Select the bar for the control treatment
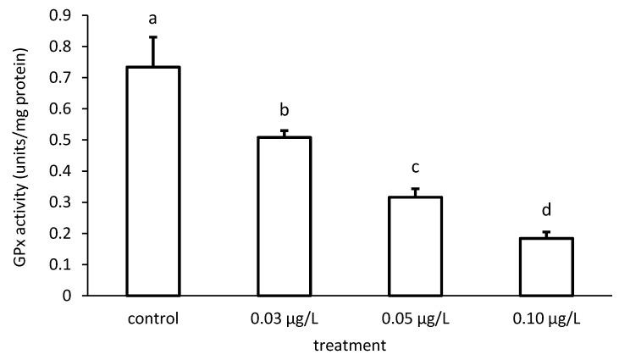[x=153, y=181]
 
